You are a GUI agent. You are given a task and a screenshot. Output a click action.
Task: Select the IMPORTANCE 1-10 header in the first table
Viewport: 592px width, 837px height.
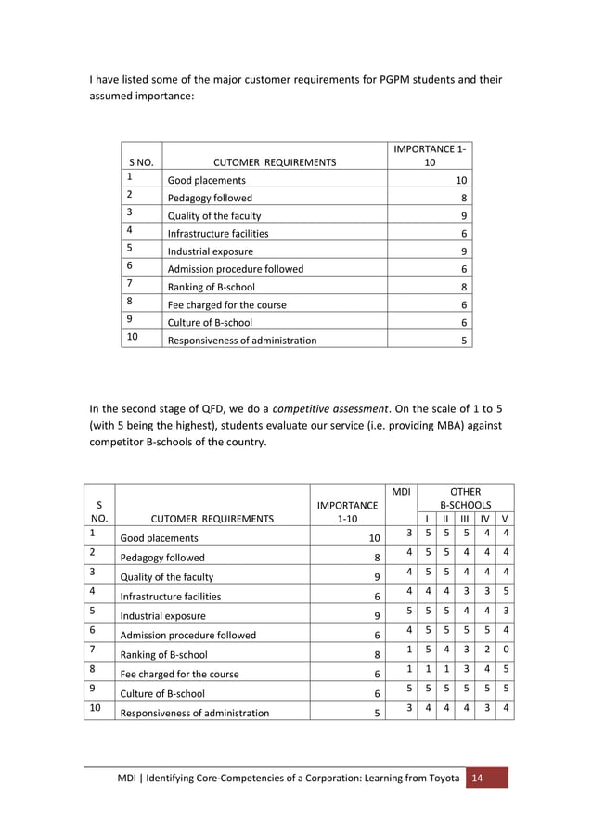(430, 155)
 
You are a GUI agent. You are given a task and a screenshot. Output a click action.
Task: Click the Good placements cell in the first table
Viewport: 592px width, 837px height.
(206, 180)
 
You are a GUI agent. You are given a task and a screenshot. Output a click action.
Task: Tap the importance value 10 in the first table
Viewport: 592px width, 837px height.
(461, 180)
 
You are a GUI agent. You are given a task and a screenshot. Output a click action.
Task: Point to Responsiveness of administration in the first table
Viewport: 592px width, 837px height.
(241, 340)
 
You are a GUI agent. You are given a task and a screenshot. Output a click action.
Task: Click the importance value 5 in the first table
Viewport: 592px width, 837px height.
(464, 340)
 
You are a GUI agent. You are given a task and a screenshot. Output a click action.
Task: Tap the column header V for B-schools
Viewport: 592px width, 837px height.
(504, 518)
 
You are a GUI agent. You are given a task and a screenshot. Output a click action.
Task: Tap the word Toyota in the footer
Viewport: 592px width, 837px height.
(440, 778)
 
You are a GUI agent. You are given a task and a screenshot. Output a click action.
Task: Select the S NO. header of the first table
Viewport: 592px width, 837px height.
(142, 162)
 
